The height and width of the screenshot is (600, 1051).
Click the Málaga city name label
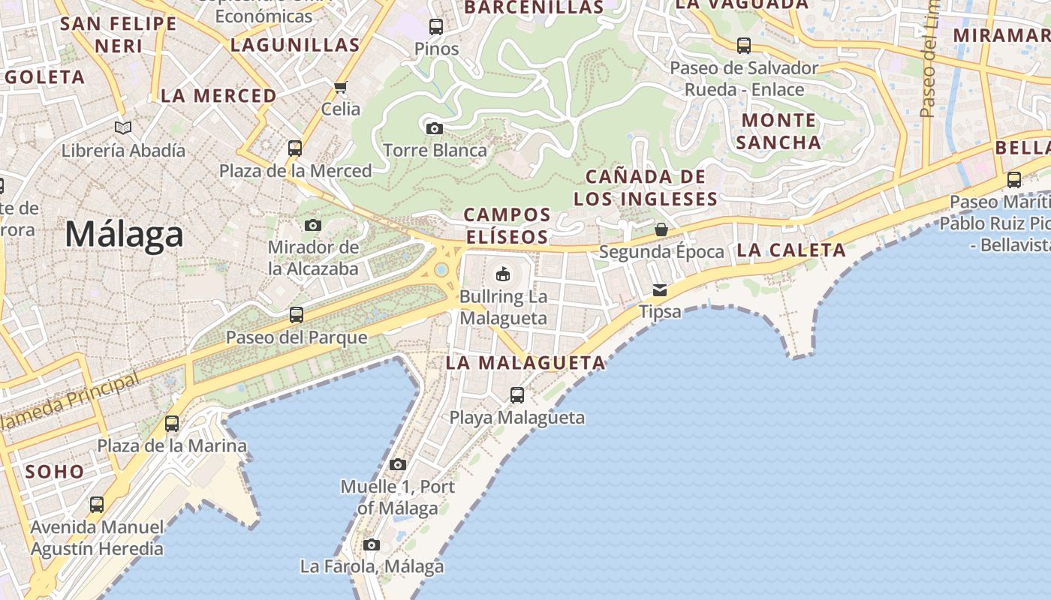click(124, 235)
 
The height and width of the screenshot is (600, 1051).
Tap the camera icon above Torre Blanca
click(434, 128)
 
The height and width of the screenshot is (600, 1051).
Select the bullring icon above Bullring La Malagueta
click(503, 274)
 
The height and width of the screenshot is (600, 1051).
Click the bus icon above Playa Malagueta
click(517, 394)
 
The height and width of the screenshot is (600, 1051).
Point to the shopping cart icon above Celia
click(341, 87)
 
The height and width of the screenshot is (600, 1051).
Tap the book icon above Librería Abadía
click(123, 128)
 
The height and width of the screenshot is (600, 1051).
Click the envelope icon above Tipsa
click(660, 289)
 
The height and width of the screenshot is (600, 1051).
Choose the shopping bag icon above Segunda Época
click(661, 229)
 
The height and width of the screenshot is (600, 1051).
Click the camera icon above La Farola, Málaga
click(372, 544)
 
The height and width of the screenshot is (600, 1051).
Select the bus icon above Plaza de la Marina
click(172, 424)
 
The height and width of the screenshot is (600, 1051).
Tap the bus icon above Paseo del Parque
click(297, 315)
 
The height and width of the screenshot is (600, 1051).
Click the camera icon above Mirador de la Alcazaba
click(313, 225)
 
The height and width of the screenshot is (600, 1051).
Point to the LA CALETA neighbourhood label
click(791, 250)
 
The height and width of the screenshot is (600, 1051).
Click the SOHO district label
click(55, 472)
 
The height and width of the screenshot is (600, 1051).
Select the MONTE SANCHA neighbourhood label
click(778, 131)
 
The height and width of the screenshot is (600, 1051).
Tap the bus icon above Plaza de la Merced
click(295, 148)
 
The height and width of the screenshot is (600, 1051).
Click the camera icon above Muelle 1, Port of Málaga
click(398, 465)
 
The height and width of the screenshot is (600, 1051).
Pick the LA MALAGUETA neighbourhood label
click(525, 363)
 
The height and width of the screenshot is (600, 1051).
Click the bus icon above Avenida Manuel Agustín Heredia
click(97, 505)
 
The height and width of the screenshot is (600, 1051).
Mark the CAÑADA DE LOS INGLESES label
click(646, 187)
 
